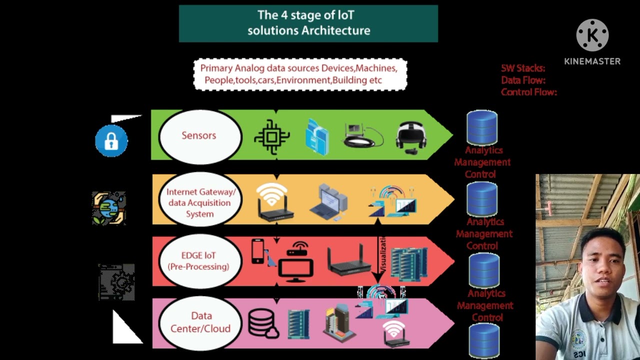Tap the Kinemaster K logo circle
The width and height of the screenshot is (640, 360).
tap(592, 35)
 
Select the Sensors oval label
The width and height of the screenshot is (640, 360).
tap(199, 135)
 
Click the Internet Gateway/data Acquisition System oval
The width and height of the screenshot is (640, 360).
tap(200, 202)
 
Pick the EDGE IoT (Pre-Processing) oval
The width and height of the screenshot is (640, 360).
tap(198, 261)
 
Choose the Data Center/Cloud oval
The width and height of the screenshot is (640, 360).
tap(200, 322)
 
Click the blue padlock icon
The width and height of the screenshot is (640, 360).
tap(111, 141)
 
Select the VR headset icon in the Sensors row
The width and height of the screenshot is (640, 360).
tap(411, 136)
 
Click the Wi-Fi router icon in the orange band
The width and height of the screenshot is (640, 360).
tap(273, 202)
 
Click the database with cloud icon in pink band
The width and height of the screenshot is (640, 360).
tap(263, 323)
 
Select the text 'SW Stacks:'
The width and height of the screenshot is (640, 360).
tap(523, 68)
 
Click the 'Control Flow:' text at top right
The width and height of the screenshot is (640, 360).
tap(528, 92)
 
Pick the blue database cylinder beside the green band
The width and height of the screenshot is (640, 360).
tap(482, 128)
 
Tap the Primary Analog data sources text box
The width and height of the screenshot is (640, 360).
tap(300, 74)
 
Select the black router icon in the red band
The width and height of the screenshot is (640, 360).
tap(349, 261)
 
